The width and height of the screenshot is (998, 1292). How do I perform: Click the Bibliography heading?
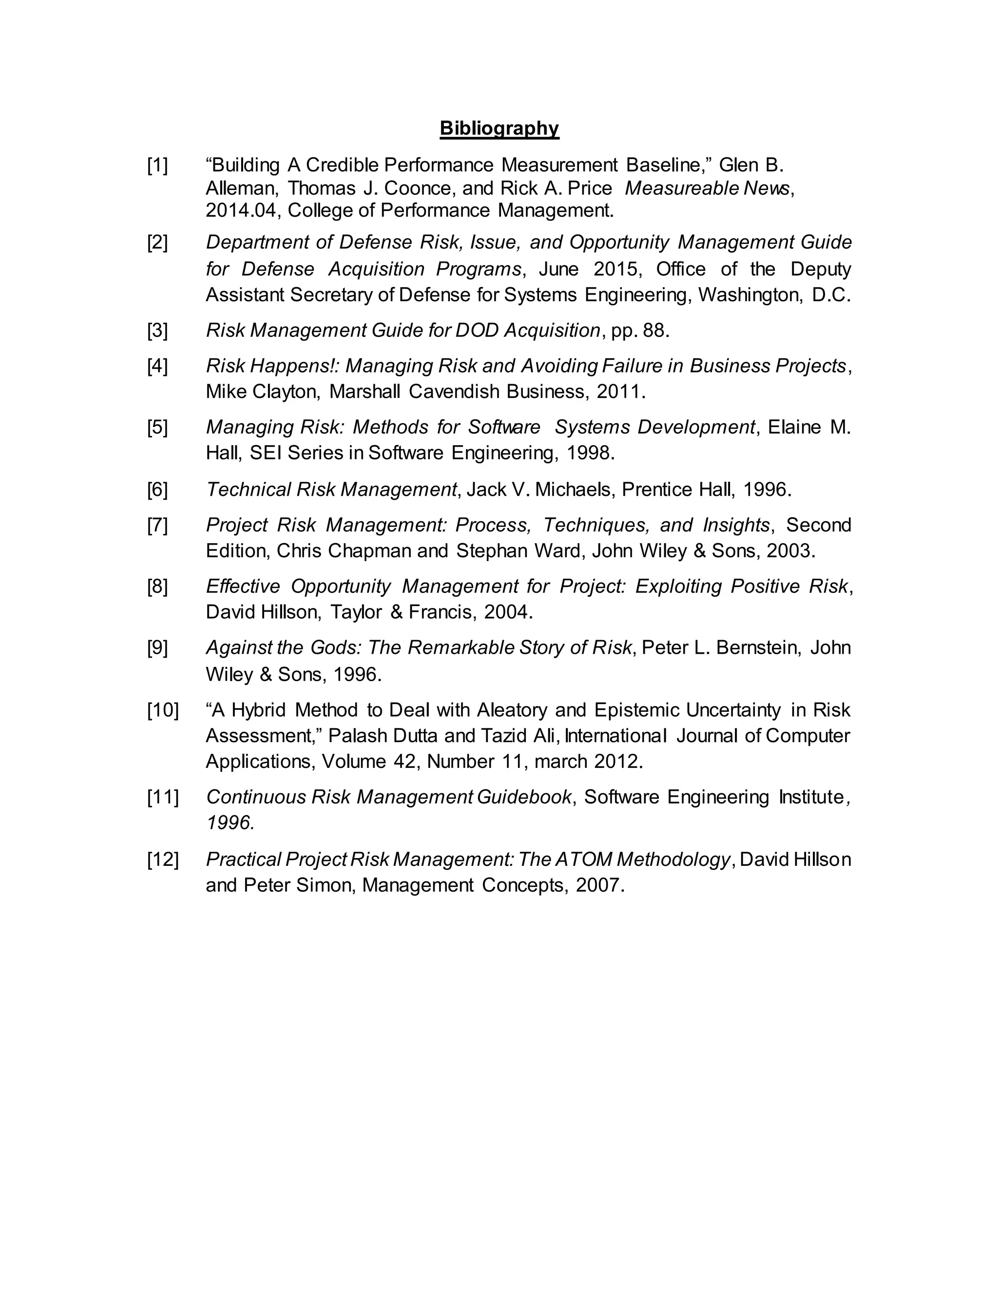(499, 128)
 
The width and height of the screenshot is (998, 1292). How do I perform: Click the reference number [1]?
(157, 165)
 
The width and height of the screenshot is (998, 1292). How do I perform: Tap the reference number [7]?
(157, 525)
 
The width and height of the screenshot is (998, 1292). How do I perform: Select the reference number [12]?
(163, 859)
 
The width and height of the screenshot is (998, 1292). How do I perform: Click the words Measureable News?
(707, 188)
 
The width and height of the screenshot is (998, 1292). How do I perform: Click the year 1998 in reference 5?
(590, 453)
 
